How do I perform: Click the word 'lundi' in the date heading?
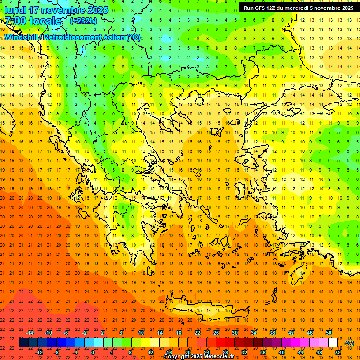15,10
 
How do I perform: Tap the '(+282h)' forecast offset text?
83,21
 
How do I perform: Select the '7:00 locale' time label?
33,21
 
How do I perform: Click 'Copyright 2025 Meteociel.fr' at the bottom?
199,357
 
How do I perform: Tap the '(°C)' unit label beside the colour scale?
349,343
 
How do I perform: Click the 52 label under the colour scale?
338,352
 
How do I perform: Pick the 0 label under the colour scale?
93,352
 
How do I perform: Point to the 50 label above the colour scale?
328,333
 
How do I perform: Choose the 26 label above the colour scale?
216,333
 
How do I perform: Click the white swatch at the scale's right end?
333,343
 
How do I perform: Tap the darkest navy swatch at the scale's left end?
23,343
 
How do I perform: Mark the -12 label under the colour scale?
40,352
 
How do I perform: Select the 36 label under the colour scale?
263,352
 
